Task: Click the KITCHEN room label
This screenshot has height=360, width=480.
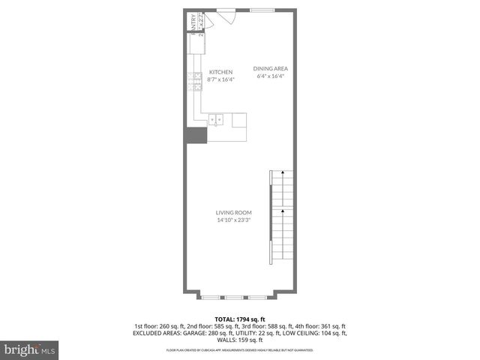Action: point(221,72)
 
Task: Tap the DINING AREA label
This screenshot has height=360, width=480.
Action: point(270,68)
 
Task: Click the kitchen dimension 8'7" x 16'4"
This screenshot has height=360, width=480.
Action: point(221,79)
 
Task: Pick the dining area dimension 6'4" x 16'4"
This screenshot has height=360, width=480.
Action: point(272,76)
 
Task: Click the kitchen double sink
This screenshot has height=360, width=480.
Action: point(217,119)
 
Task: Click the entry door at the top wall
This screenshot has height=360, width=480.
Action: point(225,10)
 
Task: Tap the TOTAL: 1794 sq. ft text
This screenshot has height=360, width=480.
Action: point(240,319)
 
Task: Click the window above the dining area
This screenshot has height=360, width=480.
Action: point(262,10)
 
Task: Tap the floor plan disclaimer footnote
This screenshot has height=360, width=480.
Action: point(240,350)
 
